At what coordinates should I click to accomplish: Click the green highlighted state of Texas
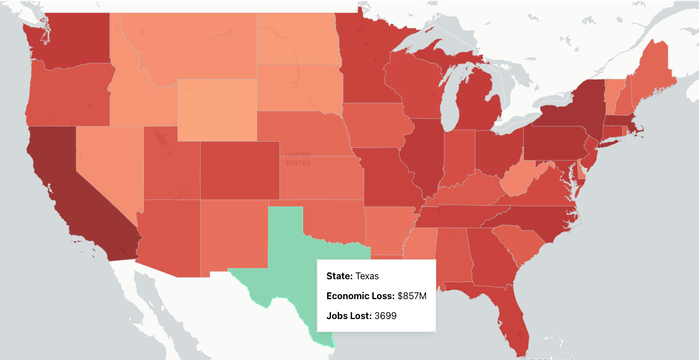pos(284,256)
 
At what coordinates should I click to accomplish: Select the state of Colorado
pos(239,171)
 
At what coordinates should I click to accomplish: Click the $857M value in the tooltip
pos(412,296)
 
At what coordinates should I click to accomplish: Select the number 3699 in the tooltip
pos(385,316)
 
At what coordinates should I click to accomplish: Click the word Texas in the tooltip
pos(367,276)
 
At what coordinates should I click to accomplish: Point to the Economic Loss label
pos(360,296)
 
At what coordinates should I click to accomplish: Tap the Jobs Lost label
pos(349,316)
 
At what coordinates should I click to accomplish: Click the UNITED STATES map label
pos(298,159)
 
